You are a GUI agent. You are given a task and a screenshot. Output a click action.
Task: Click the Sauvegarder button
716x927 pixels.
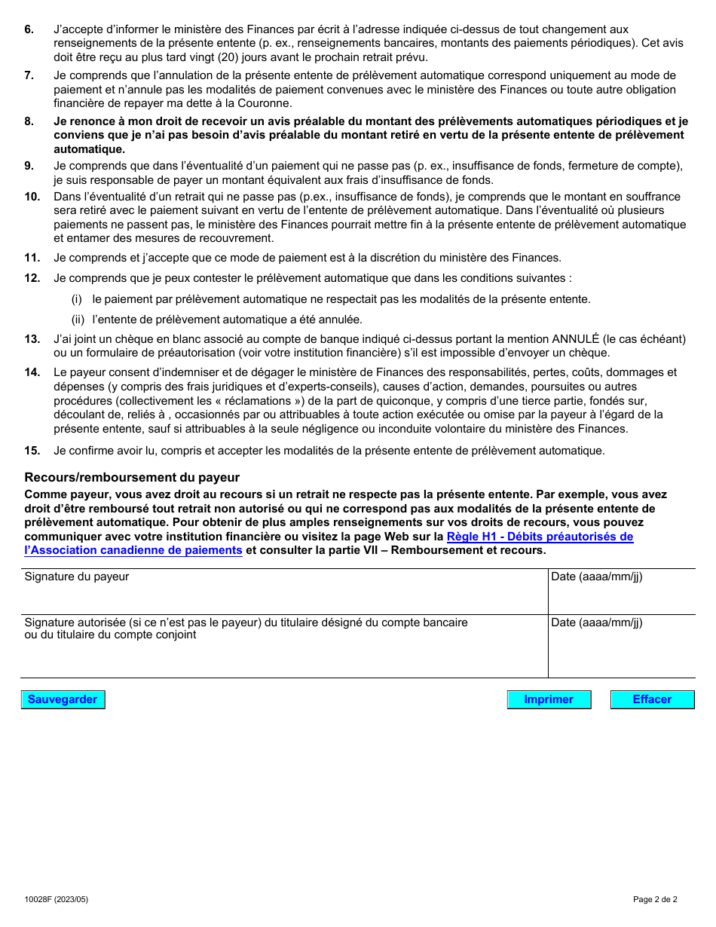pos(63,699)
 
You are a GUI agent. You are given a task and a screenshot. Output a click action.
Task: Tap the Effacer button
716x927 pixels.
pos(652,699)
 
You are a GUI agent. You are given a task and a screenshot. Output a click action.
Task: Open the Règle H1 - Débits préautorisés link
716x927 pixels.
pos(540,537)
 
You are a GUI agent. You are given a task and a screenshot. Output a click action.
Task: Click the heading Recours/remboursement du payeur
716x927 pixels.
pos(132,477)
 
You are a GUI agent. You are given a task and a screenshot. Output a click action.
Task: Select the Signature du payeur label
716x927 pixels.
pos(77,577)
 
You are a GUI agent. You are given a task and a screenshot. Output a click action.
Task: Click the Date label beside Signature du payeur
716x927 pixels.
pos(596,577)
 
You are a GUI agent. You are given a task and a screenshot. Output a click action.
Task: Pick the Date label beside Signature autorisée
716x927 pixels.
pos(596,623)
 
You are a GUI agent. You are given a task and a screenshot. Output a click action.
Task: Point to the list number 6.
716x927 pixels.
pos(29,29)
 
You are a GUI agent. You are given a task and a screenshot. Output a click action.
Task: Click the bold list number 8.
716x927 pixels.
pos(29,121)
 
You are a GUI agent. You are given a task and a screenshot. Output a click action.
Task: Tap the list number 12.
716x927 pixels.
pos(32,278)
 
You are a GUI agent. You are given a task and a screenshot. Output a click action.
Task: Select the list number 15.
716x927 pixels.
pos(32,451)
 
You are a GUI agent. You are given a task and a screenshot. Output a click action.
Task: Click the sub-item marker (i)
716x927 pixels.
pos(77,299)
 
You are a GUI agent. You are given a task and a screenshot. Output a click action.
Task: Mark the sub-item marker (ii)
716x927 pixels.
pos(78,320)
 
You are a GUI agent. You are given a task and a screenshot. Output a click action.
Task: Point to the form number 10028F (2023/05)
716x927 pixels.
pos(50,899)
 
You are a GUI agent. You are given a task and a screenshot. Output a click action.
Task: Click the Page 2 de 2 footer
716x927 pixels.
pos(655,899)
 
